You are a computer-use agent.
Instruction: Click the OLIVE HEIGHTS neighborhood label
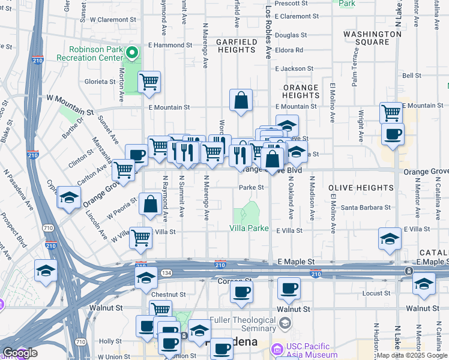point(361,188)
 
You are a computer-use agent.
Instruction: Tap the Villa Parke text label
point(249,228)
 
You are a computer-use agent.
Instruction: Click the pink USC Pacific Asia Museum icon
point(277,349)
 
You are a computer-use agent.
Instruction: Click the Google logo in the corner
point(20,353)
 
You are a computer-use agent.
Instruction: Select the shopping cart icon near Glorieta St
point(149,82)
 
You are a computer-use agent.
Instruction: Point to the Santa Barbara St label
point(366,208)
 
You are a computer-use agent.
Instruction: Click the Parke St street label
point(252,188)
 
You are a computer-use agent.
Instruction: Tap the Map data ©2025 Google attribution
point(412,355)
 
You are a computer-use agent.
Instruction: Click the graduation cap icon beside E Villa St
point(390,240)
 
